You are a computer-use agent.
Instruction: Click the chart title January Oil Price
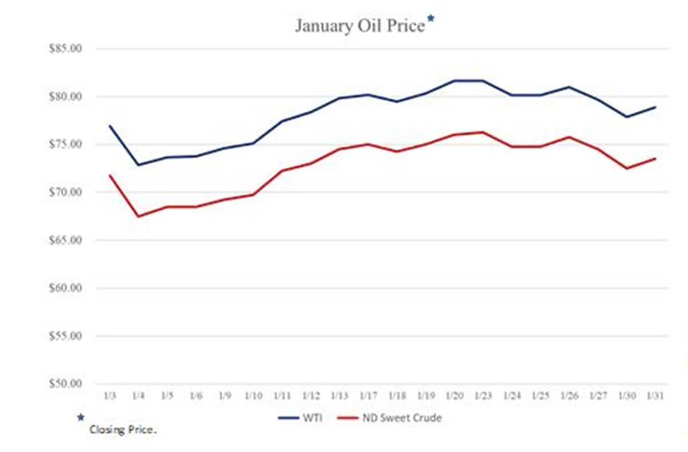(359, 26)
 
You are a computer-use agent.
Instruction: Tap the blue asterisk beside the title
(431, 21)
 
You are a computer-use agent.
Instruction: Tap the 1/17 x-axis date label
(368, 397)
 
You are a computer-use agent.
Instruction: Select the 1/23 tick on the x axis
(483, 397)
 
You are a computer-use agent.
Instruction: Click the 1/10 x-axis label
(253, 397)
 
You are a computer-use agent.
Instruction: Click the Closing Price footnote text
(123, 430)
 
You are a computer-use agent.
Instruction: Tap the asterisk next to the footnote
(81, 418)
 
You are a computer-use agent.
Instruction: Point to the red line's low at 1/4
(138, 216)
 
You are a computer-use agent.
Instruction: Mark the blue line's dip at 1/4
(138, 165)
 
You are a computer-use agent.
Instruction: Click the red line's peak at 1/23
(483, 132)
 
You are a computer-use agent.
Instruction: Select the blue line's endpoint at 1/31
(655, 107)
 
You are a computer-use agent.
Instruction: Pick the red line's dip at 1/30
(627, 168)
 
